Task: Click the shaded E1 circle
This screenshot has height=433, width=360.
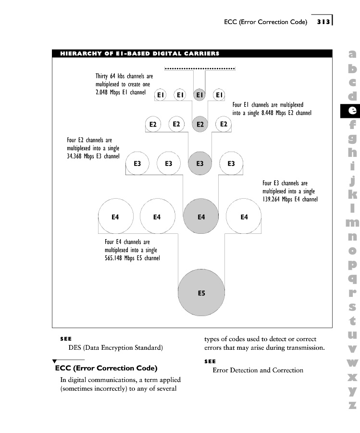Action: click(x=199, y=95)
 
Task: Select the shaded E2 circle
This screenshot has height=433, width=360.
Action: click(x=200, y=125)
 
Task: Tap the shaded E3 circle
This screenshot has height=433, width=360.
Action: click(x=200, y=164)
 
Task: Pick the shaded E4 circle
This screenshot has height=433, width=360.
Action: click(x=201, y=217)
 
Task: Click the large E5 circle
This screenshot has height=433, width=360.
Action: click(x=201, y=293)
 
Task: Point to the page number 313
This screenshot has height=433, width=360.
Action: click(x=323, y=22)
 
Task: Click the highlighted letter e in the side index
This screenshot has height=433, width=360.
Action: click(x=352, y=110)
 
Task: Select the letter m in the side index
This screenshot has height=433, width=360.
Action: click(x=352, y=223)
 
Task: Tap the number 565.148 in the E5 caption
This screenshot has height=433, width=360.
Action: click(x=114, y=258)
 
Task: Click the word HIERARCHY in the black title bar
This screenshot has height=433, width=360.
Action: click(x=78, y=53)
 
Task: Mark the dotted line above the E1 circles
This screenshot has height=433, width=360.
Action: click(x=199, y=69)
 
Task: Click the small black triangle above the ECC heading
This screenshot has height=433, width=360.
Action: click(x=55, y=361)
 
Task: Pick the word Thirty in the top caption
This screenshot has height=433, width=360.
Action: click(x=102, y=76)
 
